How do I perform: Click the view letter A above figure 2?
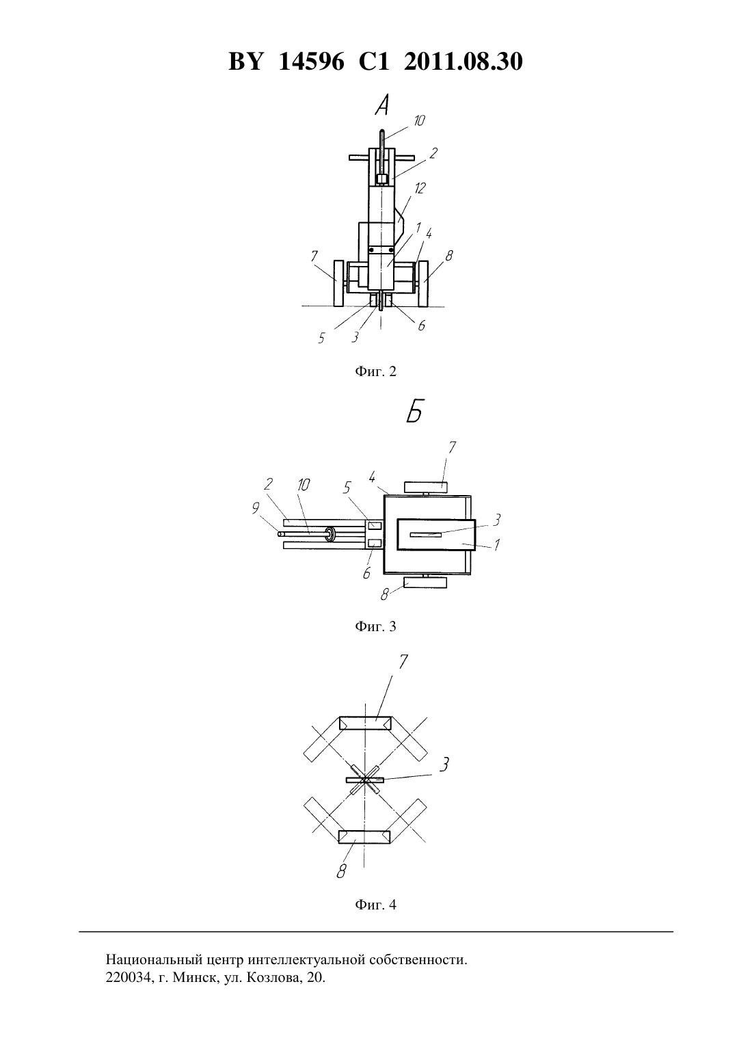pos(381,105)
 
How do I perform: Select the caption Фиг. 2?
pos(375,371)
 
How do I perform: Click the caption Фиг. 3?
pos(375,626)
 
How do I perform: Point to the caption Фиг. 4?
pos(375,905)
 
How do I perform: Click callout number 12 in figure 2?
pos(418,188)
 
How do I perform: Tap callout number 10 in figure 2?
pos(418,120)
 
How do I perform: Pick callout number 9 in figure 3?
pos(256,508)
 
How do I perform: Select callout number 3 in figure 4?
pos(444,764)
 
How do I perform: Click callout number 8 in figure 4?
pos(341,871)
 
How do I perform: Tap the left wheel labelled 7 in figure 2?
pos(339,284)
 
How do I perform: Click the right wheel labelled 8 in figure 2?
pos(423,284)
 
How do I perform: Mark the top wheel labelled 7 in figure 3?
pos(425,486)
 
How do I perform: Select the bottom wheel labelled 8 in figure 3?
pos(425,583)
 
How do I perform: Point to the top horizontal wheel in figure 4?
pos(364,723)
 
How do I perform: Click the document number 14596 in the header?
pos(310,62)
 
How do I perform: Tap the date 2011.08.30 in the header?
pos(464,62)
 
